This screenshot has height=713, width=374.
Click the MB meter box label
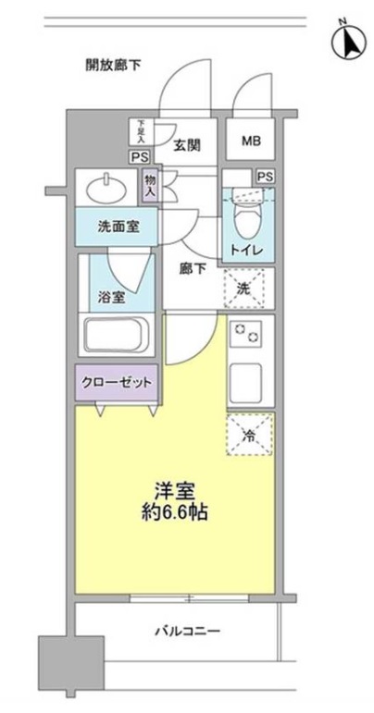pyautogui.click(x=251, y=141)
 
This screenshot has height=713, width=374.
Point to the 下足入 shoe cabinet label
pyautogui.click(x=141, y=130)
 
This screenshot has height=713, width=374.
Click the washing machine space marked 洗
pyautogui.click(x=248, y=288)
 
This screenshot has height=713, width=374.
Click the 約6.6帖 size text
pyautogui.click(x=174, y=510)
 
